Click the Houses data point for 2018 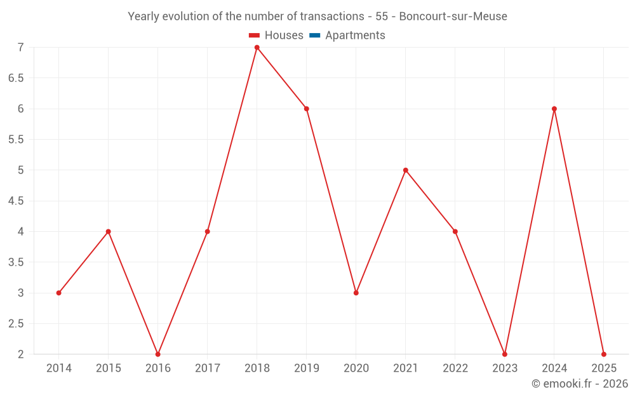pyautogui.click(x=257, y=48)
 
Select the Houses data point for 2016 pyautogui.click(x=158, y=354)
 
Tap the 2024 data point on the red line pyautogui.click(x=554, y=109)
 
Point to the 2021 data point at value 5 pyautogui.click(x=406, y=170)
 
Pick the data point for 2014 pyautogui.click(x=59, y=293)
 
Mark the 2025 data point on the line pyautogui.click(x=604, y=354)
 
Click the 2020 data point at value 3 pyautogui.click(x=356, y=293)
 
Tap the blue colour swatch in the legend pyautogui.click(x=314, y=36)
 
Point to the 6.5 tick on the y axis pyautogui.click(x=16, y=78)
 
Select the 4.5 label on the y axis pyautogui.click(x=16, y=201)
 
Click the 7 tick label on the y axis pyautogui.click(x=20, y=48)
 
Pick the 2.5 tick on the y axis pyautogui.click(x=16, y=324)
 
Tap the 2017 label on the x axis pyautogui.click(x=208, y=368)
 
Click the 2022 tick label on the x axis pyautogui.click(x=455, y=368)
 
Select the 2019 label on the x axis pyautogui.click(x=307, y=368)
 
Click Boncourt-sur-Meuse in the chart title pyautogui.click(x=453, y=17)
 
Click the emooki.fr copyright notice pyautogui.click(x=580, y=384)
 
